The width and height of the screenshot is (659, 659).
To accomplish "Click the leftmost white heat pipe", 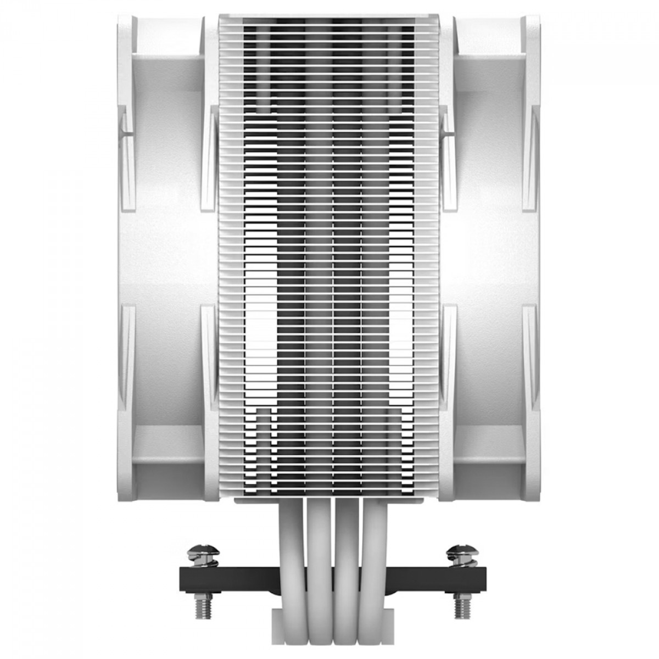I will pos(291,549).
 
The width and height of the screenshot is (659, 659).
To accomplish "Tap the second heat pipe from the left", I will pos(318,549).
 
